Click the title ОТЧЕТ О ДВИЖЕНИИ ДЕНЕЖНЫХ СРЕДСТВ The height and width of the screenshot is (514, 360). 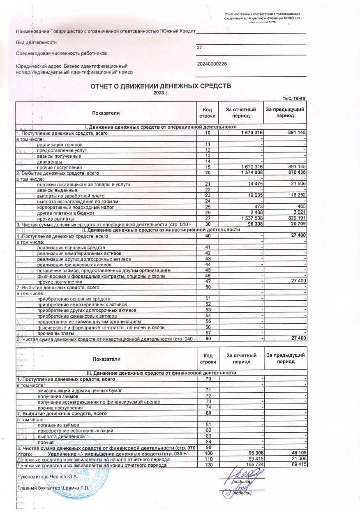click(x=161, y=86)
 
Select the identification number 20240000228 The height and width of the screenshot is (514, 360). click(x=212, y=64)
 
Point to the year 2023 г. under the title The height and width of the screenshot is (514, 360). click(x=161, y=93)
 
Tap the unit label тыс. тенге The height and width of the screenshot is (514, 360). click(x=294, y=98)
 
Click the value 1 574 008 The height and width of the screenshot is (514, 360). click(x=249, y=173)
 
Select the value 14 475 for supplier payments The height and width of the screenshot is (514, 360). click(x=253, y=184)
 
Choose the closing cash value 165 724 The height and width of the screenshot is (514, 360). click(x=252, y=464)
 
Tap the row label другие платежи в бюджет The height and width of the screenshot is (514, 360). click(x=66, y=213)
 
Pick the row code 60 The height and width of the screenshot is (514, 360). click(x=208, y=338)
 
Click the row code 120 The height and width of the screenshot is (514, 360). click(x=208, y=464)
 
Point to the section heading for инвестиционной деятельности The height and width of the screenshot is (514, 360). click(x=161, y=230)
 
